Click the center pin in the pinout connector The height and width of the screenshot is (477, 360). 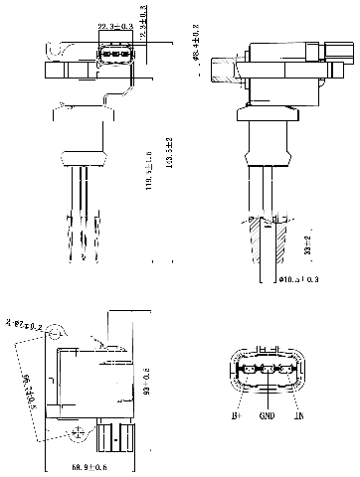coord(267,375)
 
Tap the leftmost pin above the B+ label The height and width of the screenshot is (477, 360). coord(248,375)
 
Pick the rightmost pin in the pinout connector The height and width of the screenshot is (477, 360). coord(285,375)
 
